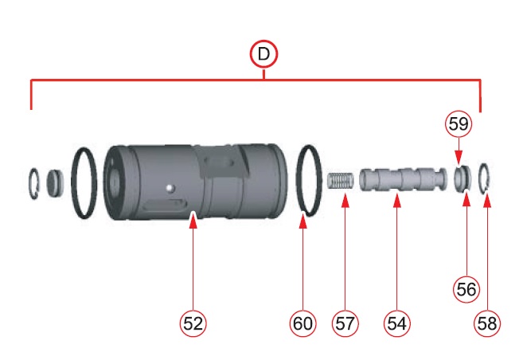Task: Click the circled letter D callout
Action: pos(263,54)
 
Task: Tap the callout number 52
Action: pos(193,323)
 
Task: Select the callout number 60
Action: pos(302,323)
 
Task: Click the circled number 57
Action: pos(345,323)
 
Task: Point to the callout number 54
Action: pos(397,323)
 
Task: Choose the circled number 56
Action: pos(466,289)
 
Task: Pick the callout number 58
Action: pos(487,323)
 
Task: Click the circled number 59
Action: pos(459,123)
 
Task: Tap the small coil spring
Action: pos(339,181)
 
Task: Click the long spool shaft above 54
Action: pos(403,179)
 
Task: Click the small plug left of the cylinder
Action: pos(54,183)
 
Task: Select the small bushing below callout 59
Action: pos(463,178)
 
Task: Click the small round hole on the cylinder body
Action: pos(170,188)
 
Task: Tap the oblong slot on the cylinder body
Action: pos(162,204)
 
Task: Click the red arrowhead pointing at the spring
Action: pos(345,201)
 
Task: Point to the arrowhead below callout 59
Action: pos(459,158)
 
